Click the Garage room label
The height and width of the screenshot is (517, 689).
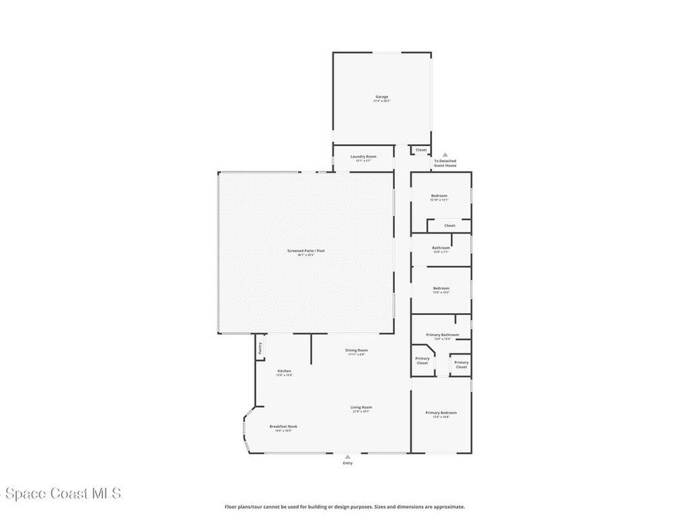[x=382, y=97]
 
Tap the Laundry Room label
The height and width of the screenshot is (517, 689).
[x=363, y=156]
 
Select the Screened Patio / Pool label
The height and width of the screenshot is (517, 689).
[x=306, y=251]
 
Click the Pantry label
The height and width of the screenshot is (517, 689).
[x=259, y=349]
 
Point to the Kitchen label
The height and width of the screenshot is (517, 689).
[x=284, y=372]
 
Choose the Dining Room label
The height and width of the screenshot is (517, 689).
[x=356, y=350]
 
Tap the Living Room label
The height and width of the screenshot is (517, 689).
[x=361, y=407]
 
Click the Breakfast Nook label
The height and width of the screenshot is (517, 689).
[x=283, y=426]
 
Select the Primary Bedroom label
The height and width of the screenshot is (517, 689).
[x=441, y=413]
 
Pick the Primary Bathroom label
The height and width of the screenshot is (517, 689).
[x=443, y=335]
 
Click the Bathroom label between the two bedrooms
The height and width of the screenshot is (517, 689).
[x=441, y=248]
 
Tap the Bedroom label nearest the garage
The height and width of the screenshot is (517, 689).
[x=439, y=196]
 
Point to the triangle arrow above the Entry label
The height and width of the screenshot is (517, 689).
[x=347, y=456]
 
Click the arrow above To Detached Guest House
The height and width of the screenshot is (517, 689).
[x=445, y=155]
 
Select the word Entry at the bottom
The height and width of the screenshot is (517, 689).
[x=347, y=463]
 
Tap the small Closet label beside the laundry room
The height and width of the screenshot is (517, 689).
[x=421, y=150]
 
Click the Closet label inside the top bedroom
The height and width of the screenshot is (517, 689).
[x=449, y=226]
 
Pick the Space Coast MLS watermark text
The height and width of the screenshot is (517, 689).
[x=61, y=493]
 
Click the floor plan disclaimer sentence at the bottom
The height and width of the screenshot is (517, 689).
[x=344, y=507]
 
